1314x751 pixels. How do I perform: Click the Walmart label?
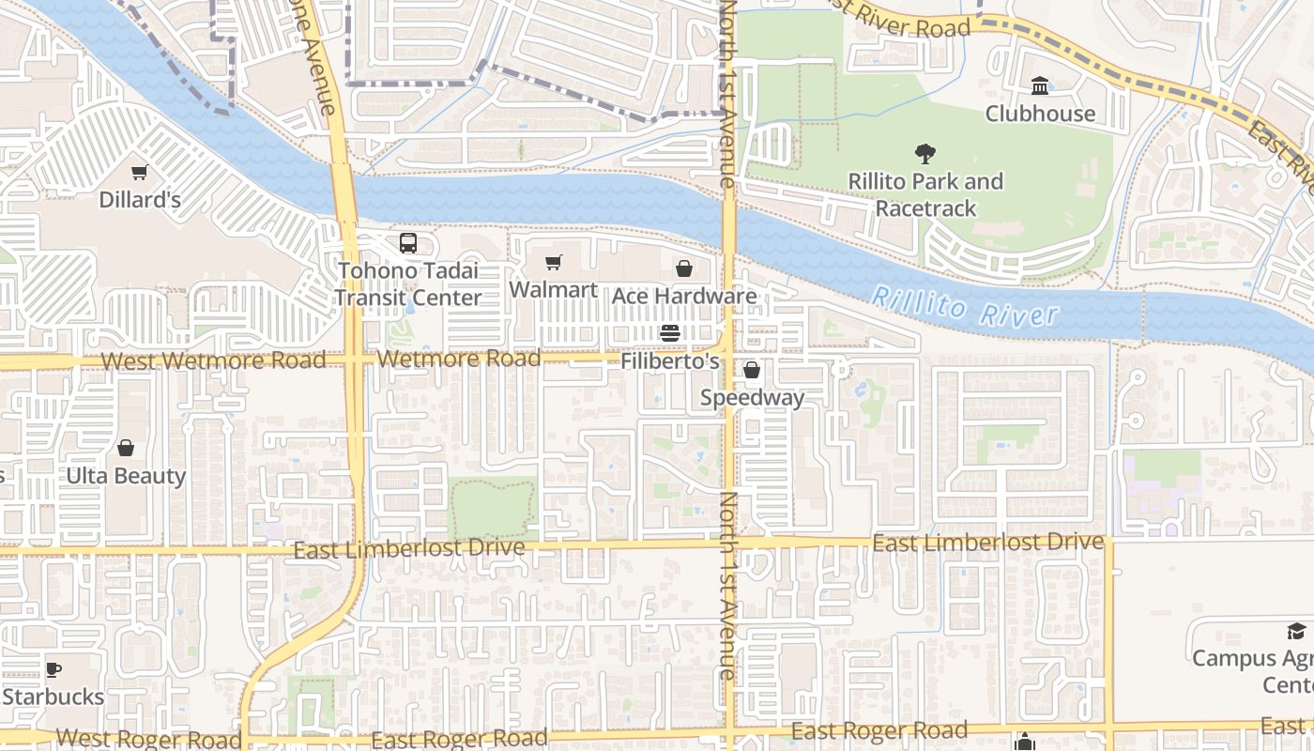tap(553, 289)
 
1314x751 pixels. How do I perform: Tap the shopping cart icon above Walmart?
tap(554, 263)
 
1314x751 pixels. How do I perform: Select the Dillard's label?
tap(140, 199)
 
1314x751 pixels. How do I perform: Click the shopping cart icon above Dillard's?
tap(140, 173)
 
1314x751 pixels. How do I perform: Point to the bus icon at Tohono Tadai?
tap(407, 243)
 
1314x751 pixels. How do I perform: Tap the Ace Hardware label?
tap(684, 296)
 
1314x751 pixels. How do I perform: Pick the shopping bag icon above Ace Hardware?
tap(684, 269)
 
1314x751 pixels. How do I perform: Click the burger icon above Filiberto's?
tap(669, 333)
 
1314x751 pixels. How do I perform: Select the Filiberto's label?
tap(670, 360)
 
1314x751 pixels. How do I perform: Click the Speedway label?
tap(752, 397)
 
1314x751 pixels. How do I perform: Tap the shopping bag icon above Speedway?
tap(752, 371)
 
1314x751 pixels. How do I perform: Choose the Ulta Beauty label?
tap(126, 475)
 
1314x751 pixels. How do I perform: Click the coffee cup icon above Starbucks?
tap(53, 670)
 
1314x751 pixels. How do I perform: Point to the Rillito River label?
tap(964, 307)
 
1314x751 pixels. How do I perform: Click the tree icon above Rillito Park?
tap(925, 154)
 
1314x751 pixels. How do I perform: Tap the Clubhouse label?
tap(1040, 114)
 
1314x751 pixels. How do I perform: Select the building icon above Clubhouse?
tap(1040, 87)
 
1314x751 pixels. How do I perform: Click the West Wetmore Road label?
tap(213, 360)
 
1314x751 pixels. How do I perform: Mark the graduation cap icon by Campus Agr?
tap(1296, 632)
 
